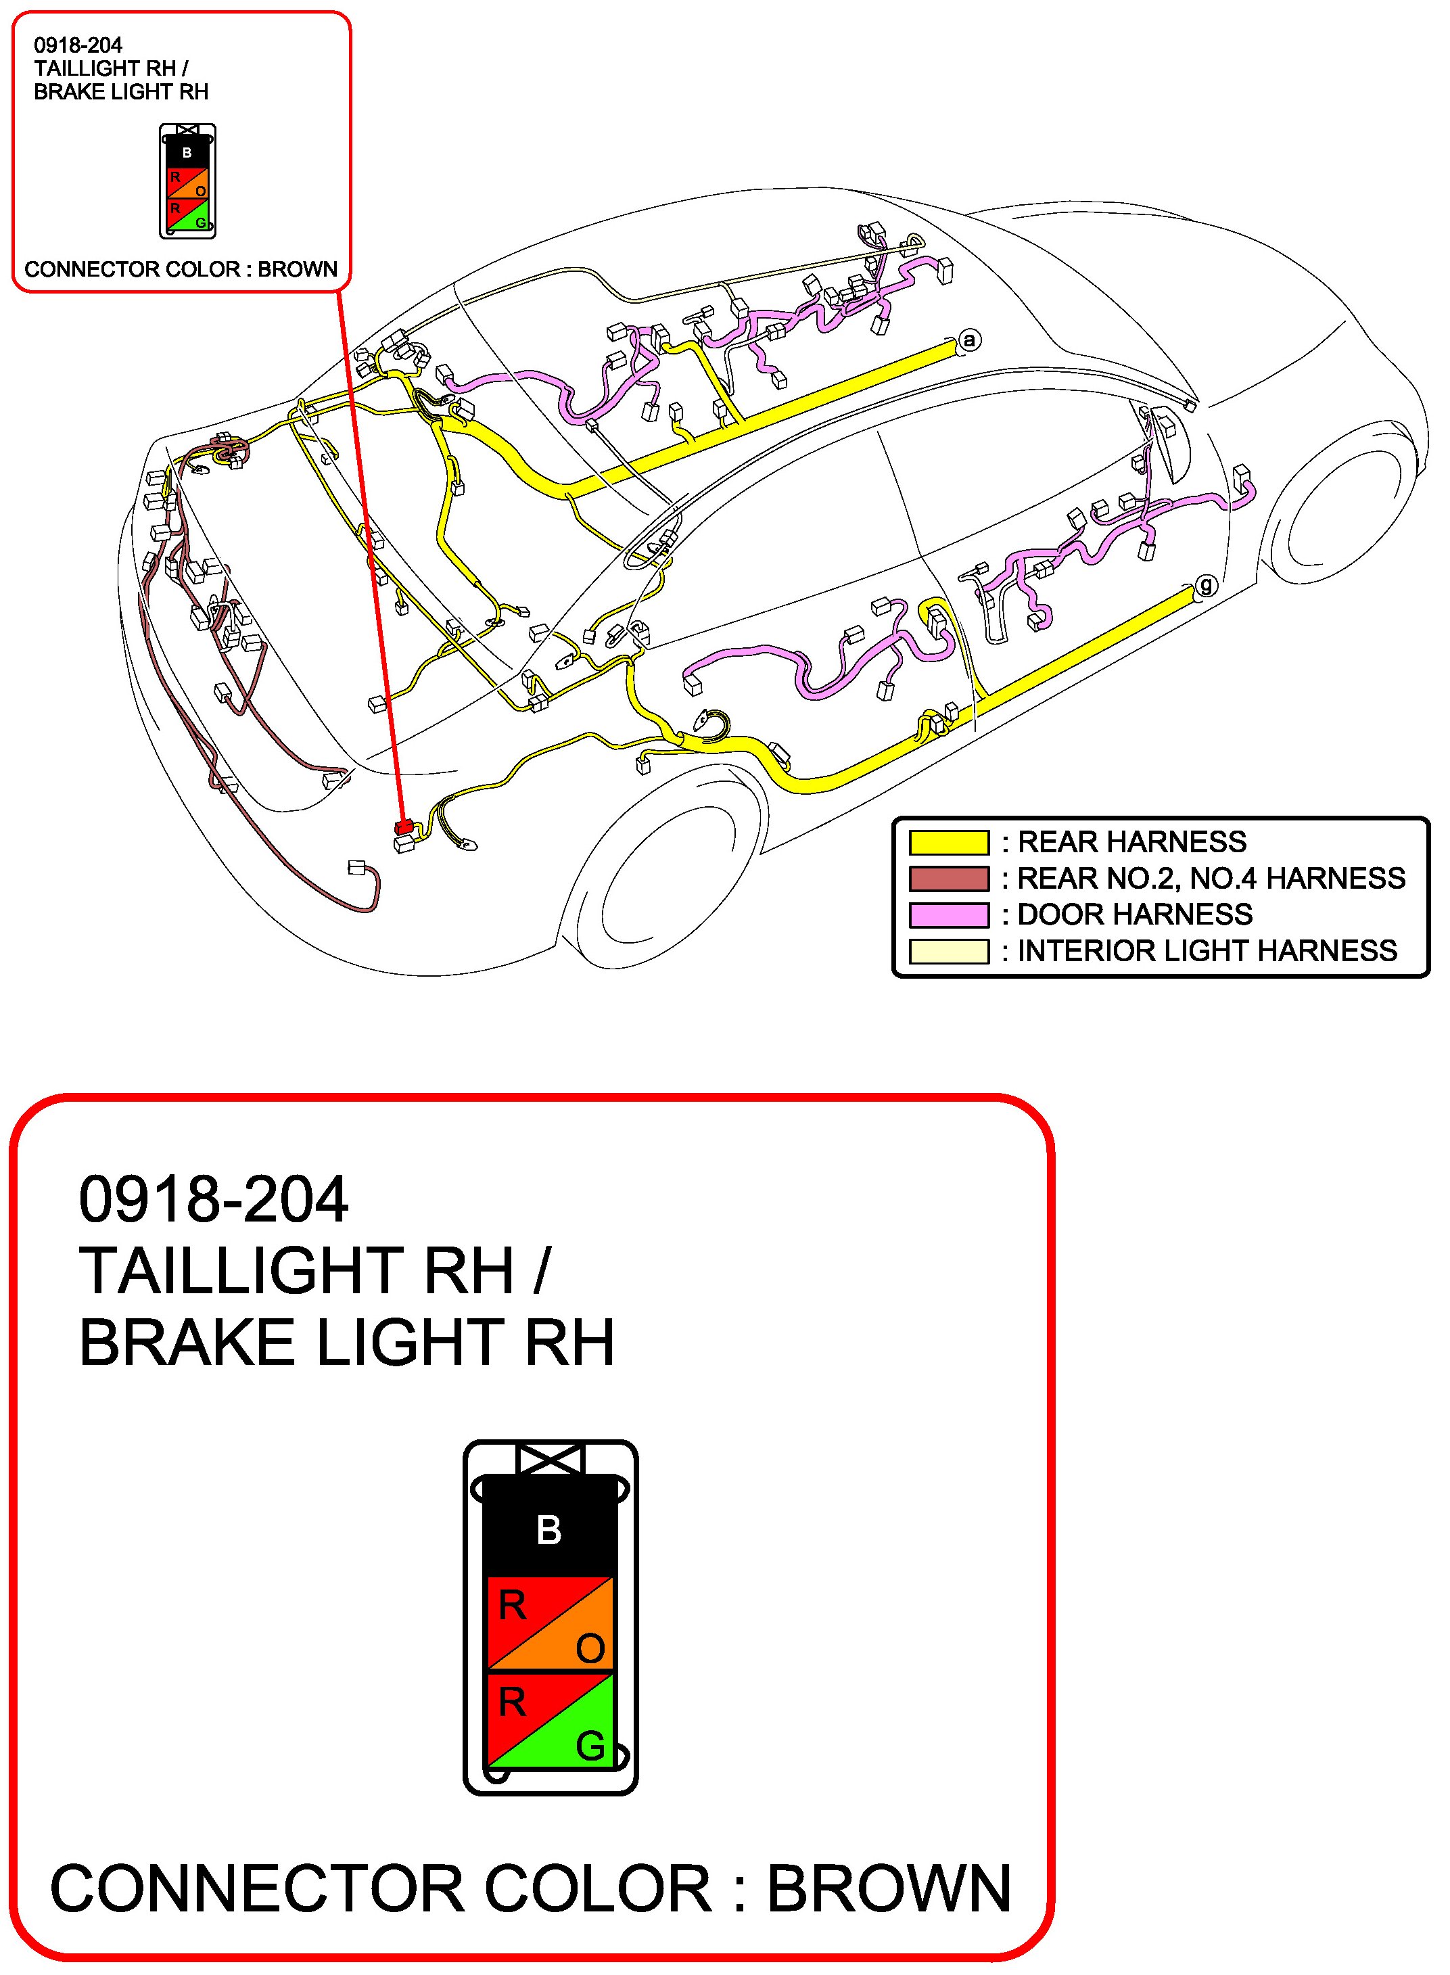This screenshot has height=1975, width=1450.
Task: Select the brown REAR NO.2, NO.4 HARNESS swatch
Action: [949, 879]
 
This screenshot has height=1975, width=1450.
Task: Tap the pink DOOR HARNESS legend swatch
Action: [949, 914]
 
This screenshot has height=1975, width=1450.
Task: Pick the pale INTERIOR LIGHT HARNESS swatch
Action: [949, 950]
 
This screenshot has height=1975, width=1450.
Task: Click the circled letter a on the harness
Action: [969, 340]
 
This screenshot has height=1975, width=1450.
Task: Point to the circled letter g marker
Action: [1207, 584]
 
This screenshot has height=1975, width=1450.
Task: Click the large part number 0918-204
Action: [213, 1200]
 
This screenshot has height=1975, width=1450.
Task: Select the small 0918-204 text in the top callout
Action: [78, 45]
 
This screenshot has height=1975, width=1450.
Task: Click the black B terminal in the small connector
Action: [187, 152]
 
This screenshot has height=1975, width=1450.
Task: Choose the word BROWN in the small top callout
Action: [298, 269]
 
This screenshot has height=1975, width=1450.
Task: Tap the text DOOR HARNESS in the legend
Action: [1134, 914]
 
